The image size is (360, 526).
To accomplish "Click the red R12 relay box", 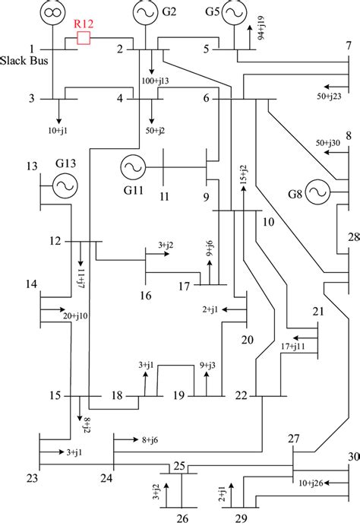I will [x=84, y=38].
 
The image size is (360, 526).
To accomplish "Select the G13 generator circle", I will [x=62, y=183].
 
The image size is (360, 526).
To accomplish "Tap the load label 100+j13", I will [x=156, y=79].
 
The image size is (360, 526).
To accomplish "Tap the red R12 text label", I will [x=84, y=24].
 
